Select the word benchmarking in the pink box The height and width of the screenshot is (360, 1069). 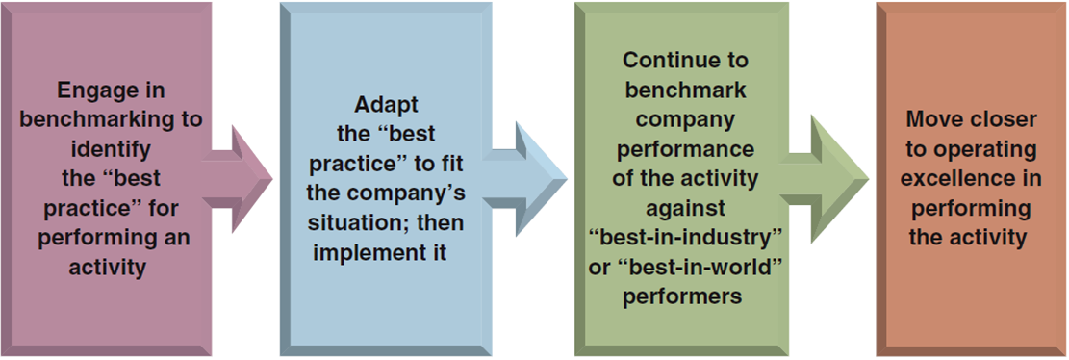coord(112,119)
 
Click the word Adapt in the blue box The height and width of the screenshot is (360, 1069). coord(386,105)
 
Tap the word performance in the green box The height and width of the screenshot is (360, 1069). coord(684,149)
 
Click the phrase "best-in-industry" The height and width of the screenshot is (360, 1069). coord(684,238)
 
